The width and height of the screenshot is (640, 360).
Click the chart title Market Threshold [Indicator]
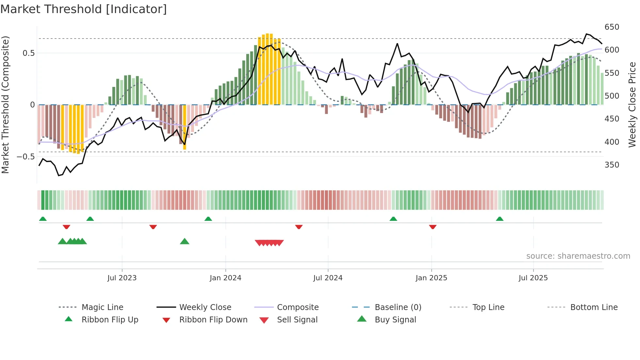pyautogui.click(x=84, y=9)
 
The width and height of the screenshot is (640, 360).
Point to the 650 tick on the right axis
pyautogui.click(x=612, y=27)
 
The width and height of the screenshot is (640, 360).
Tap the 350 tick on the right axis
pyautogui.click(x=612, y=165)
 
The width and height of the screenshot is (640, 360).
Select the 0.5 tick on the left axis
pyautogui.click(x=28, y=53)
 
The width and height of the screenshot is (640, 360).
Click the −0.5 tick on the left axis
pyautogui.click(x=25, y=157)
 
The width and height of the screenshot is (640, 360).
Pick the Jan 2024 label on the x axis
pyautogui.click(x=225, y=278)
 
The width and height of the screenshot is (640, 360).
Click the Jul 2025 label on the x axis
pyautogui.click(x=533, y=278)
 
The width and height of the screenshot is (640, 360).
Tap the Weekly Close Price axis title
pyautogui.click(x=632, y=105)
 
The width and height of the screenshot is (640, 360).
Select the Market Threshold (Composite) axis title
pyautogui.click(x=5, y=105)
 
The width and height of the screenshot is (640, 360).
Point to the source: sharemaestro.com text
pyautogui.click(x=578, y=256)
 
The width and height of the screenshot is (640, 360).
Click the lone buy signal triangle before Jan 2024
pyautogui.click(x=184, y=241)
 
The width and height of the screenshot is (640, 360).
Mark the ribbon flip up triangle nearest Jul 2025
pyautogui.click(x=499, y=219)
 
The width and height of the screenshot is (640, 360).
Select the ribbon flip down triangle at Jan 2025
pyautogui.click(x=433, y=227)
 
